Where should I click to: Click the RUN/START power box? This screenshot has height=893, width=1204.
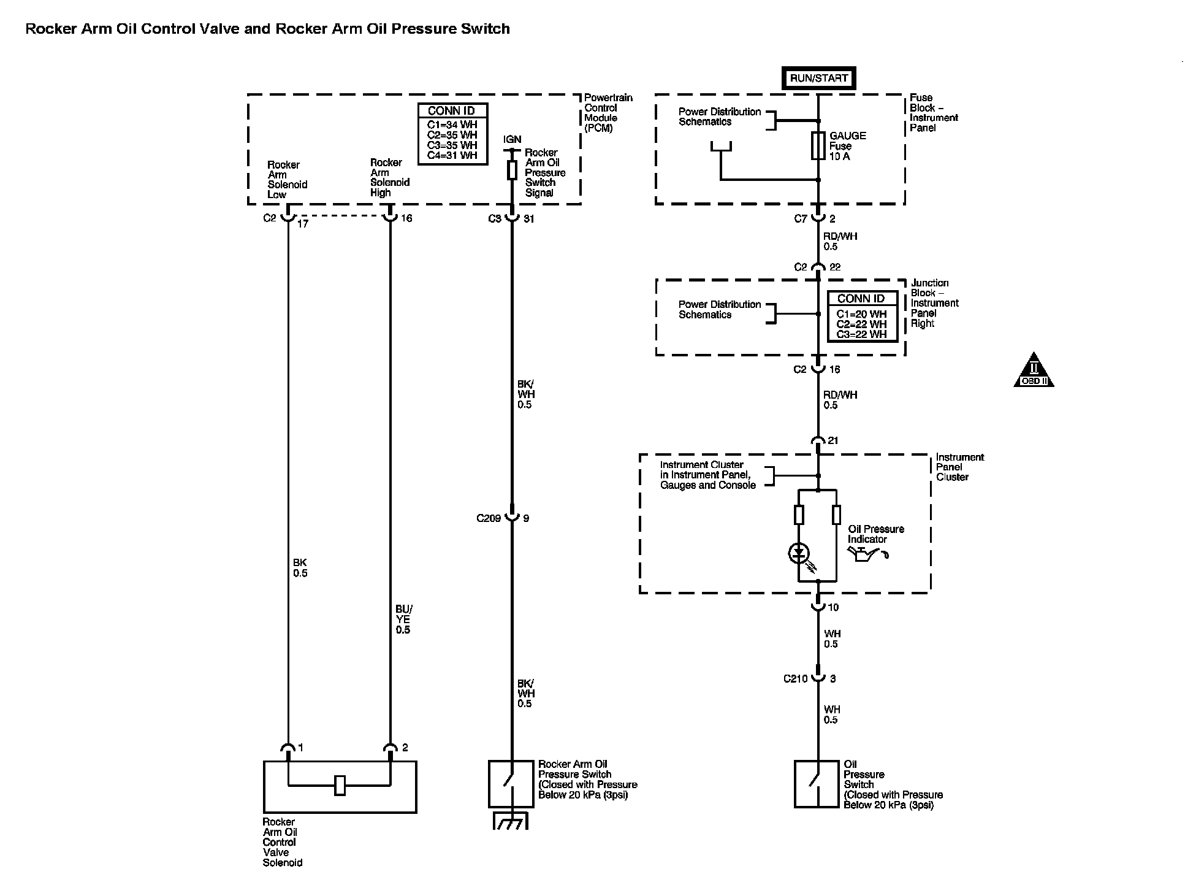tap(818, 79)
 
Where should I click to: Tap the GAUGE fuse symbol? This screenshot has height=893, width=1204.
tap(818, 146)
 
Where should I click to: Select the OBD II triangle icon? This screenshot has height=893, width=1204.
tap(1034, 370)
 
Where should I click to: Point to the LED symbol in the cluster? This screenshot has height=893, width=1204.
tap(798, 554)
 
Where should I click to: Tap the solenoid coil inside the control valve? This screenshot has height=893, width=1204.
tap(340, 785)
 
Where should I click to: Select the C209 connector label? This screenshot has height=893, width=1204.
tap(489, 518)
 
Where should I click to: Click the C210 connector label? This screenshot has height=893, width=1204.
tap(795, 679)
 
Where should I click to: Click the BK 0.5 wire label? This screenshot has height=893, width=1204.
tap(300, 568)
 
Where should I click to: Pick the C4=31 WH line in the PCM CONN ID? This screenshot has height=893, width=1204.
tap(452, 156)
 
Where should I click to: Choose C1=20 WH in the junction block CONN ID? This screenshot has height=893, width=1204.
tap(861, 314)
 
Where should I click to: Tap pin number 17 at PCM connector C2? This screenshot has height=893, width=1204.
tap(303, 224)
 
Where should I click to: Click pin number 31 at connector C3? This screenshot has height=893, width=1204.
tap(529, 219)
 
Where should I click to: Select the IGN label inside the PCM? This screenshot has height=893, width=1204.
tap(512, 140)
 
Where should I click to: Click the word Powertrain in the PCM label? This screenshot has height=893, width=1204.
tap(608, 98)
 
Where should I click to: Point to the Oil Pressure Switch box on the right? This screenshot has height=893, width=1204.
tap(816, 784)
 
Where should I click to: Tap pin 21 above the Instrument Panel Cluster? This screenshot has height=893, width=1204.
tap(833, 441)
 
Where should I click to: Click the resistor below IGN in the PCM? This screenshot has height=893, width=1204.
tap(512, 171)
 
